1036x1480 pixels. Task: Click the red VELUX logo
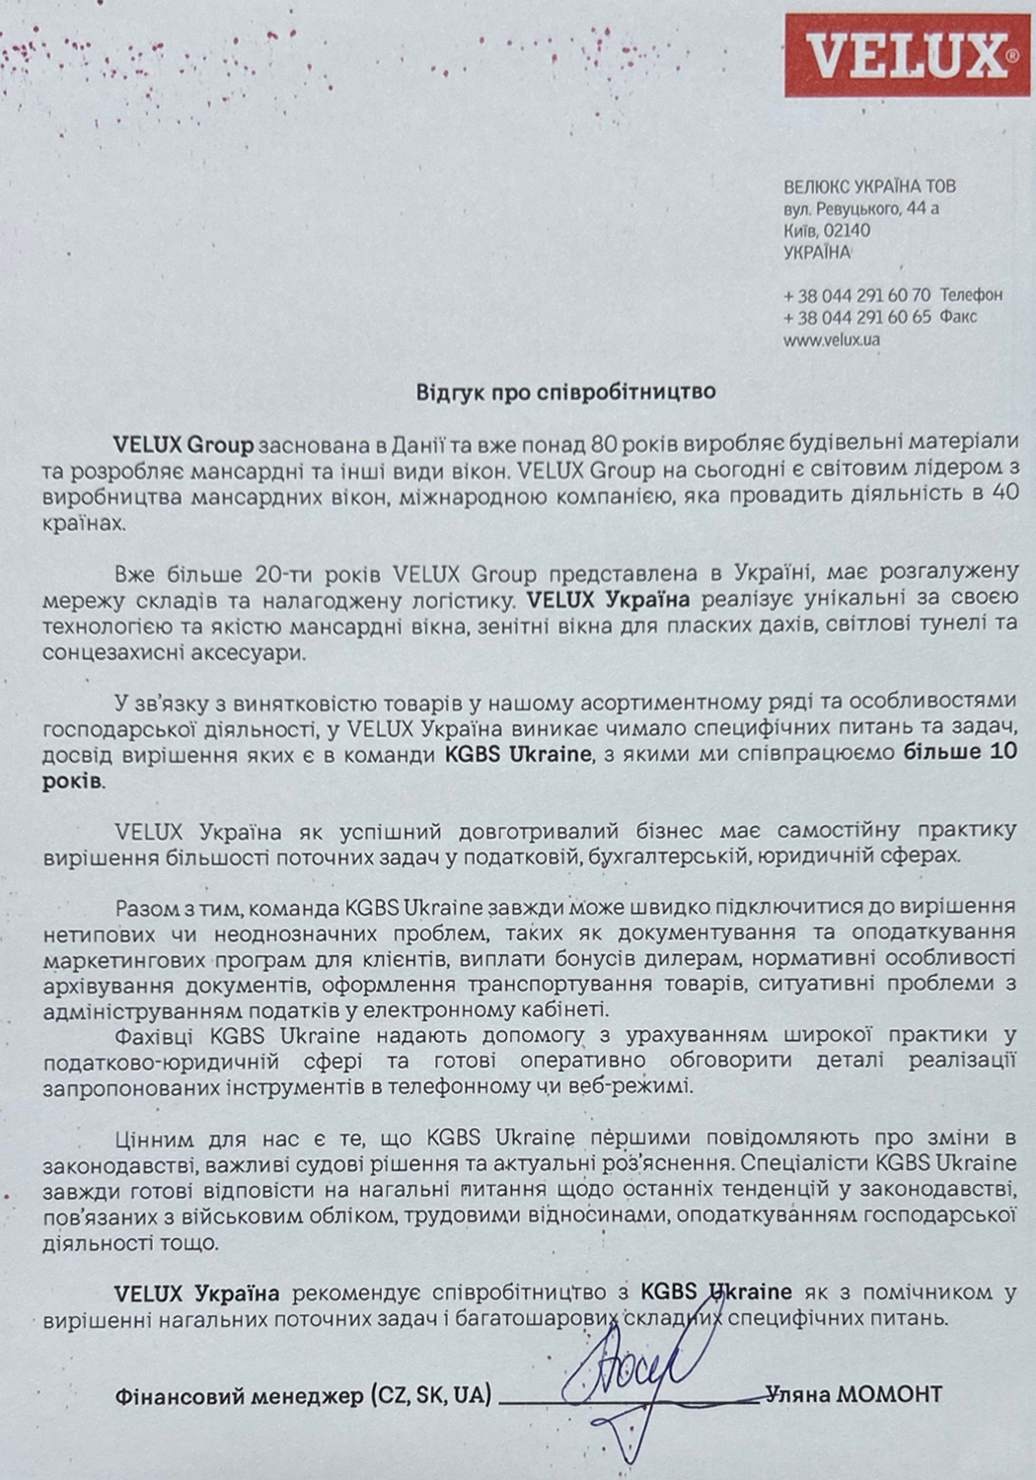[905, 54]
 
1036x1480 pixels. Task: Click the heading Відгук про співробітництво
[565, 392]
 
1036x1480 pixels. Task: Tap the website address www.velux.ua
[831, 339]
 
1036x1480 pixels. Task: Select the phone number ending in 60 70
[856, 295]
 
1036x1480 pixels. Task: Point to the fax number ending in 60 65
[856, 317]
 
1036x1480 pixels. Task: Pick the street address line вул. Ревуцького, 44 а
[860, 208]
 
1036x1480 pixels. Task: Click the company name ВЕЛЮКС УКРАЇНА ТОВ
[869, 186]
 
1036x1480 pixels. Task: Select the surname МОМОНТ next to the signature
[889, 1394]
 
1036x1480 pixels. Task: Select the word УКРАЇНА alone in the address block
[816, 253]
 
